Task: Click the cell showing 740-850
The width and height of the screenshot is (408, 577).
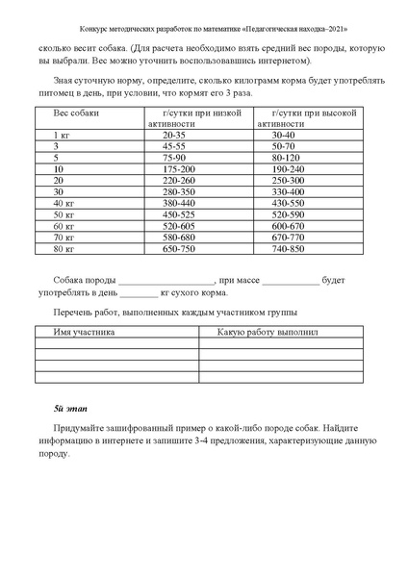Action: [x=289, y=249]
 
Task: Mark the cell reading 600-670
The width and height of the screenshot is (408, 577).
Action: [x=289, y=226]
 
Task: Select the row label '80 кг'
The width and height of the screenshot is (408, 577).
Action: [x=64, y=249]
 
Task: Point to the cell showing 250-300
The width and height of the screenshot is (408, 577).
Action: [x=289, y=181]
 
